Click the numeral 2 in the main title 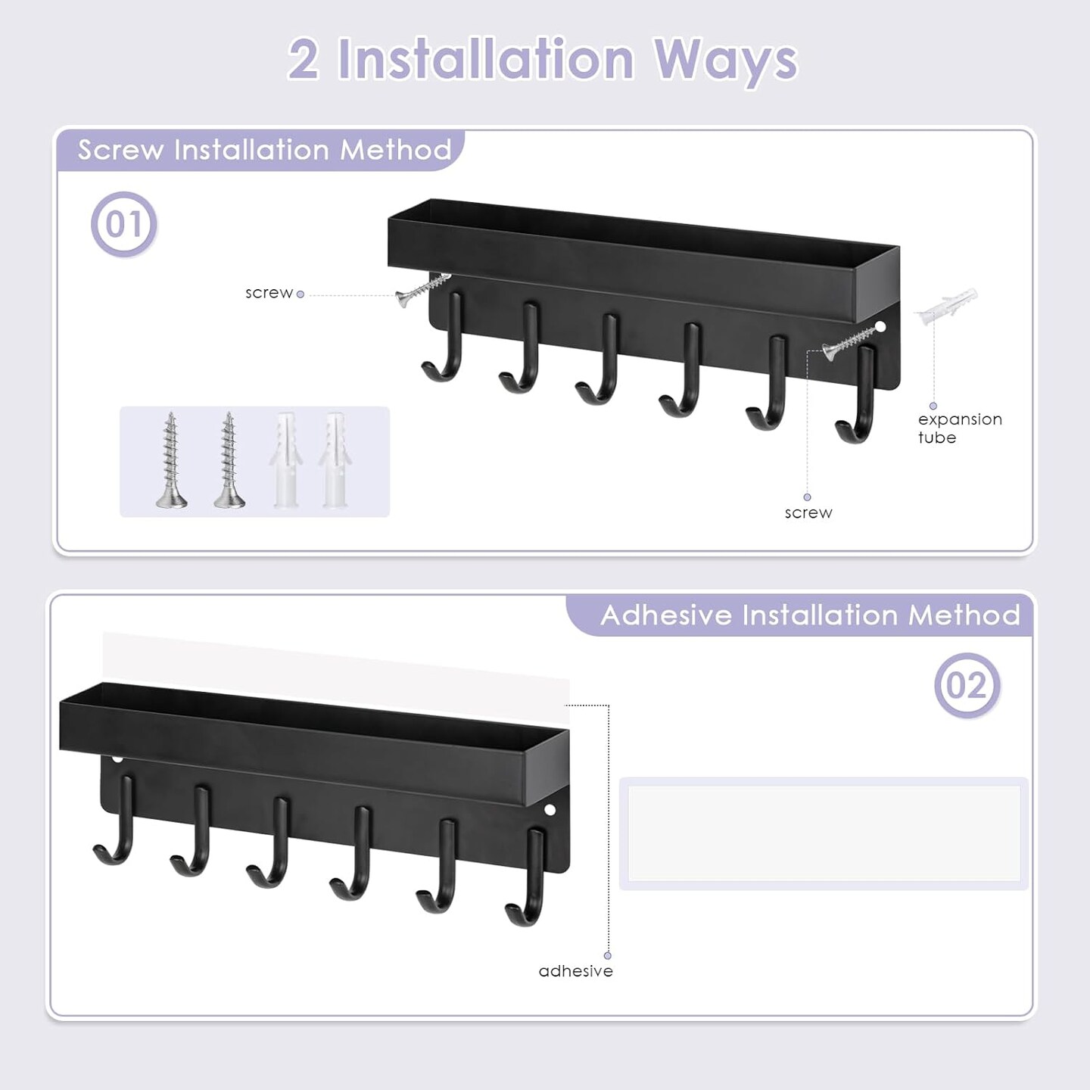[x=304, y=59]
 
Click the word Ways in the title [x=725, y=61]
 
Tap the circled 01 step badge [x=123, y=224]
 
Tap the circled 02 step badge [x=967, y=685]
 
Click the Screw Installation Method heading [x=264, y=150]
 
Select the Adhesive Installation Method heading [x=810, y=615]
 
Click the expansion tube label [x=959, y=428]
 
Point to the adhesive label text [x=575, y=971]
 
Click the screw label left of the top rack [x=269, y=293]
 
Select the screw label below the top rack [x=808, y=513]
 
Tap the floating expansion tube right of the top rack [x=947, y=306]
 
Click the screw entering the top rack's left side [x=422, y=290]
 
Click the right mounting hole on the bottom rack [x=550, y=810]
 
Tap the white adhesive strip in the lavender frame [x=824, y=833]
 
